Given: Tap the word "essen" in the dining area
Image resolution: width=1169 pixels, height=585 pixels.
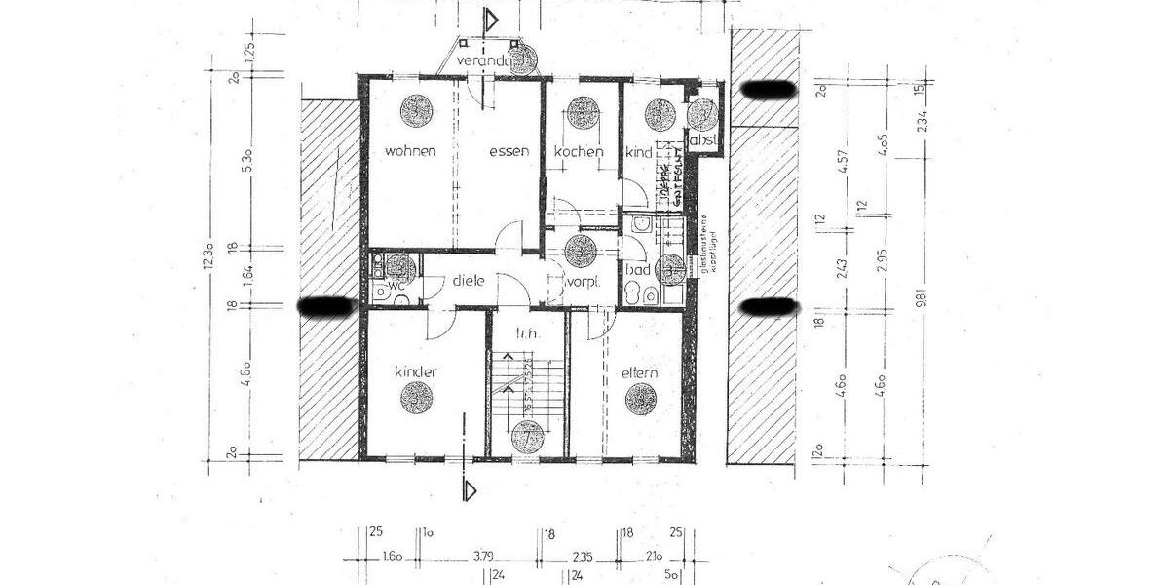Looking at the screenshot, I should tap(509, 151).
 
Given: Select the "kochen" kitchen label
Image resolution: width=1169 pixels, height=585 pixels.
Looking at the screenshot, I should tap(579, 151).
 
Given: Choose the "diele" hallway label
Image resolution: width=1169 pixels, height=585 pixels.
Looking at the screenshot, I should tap(468, 281).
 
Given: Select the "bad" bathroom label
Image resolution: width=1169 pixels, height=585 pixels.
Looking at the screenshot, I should tap(638, 269).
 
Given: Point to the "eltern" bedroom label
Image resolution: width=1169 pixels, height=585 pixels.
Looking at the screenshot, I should tap(639, 372).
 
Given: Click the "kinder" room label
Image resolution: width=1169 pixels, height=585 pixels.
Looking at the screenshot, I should tap(415, 372).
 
